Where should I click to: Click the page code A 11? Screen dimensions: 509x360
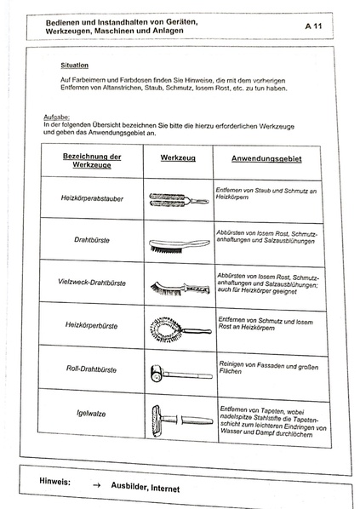click(x=314, y=27)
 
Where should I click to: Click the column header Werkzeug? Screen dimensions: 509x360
click(x=176, y=158)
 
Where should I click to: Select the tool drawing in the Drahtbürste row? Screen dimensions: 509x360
click(x=176, y=246)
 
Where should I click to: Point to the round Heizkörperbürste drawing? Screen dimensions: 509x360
click(x=169, y=326)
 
